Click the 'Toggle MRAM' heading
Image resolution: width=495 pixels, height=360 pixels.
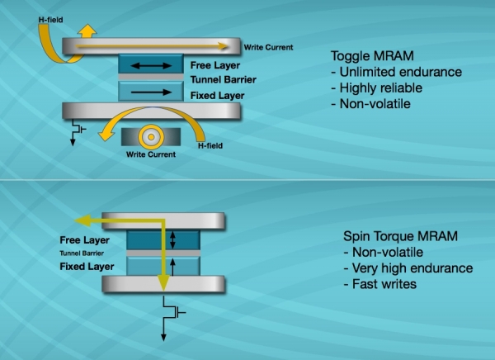coord(364,56)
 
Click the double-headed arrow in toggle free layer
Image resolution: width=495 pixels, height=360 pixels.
coord(150,63)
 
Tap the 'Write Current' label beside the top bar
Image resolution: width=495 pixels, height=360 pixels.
coord(268,47)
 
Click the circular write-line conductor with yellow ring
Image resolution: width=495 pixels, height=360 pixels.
coord(152,135)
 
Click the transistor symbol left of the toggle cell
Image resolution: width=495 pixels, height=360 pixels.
coord(78,129)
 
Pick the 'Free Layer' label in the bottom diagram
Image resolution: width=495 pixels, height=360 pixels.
coord(83,239)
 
